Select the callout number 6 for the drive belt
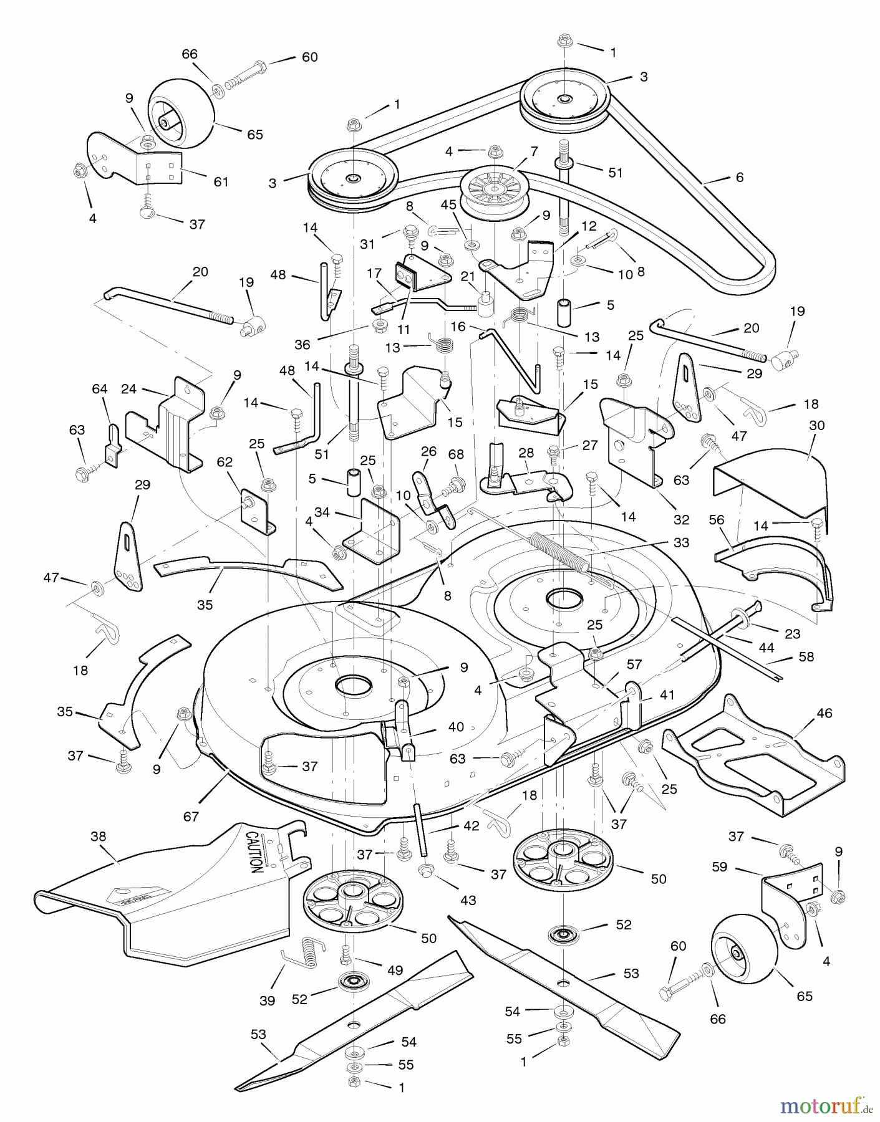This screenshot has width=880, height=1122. (740, 177)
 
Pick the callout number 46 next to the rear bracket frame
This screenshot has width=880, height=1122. (824, 713)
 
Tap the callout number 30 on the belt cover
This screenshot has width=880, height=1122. (816, 425)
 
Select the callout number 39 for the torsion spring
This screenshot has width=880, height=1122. (267, 1000)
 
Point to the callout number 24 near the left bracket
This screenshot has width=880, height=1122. (129, 389)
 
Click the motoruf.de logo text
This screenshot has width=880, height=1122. (817, 1107)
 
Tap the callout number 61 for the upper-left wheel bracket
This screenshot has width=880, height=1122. (221, 182)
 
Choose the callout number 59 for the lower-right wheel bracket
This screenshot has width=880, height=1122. (720, 867)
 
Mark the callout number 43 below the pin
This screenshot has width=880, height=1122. (468, 900)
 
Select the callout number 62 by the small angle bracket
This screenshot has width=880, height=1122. (225, 462)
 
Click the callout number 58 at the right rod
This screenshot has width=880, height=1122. (806, 656)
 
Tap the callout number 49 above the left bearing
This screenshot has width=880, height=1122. (394, 970)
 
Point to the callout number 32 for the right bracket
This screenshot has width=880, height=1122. (681, 519)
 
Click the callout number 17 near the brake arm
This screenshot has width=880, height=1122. (374, 273)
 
